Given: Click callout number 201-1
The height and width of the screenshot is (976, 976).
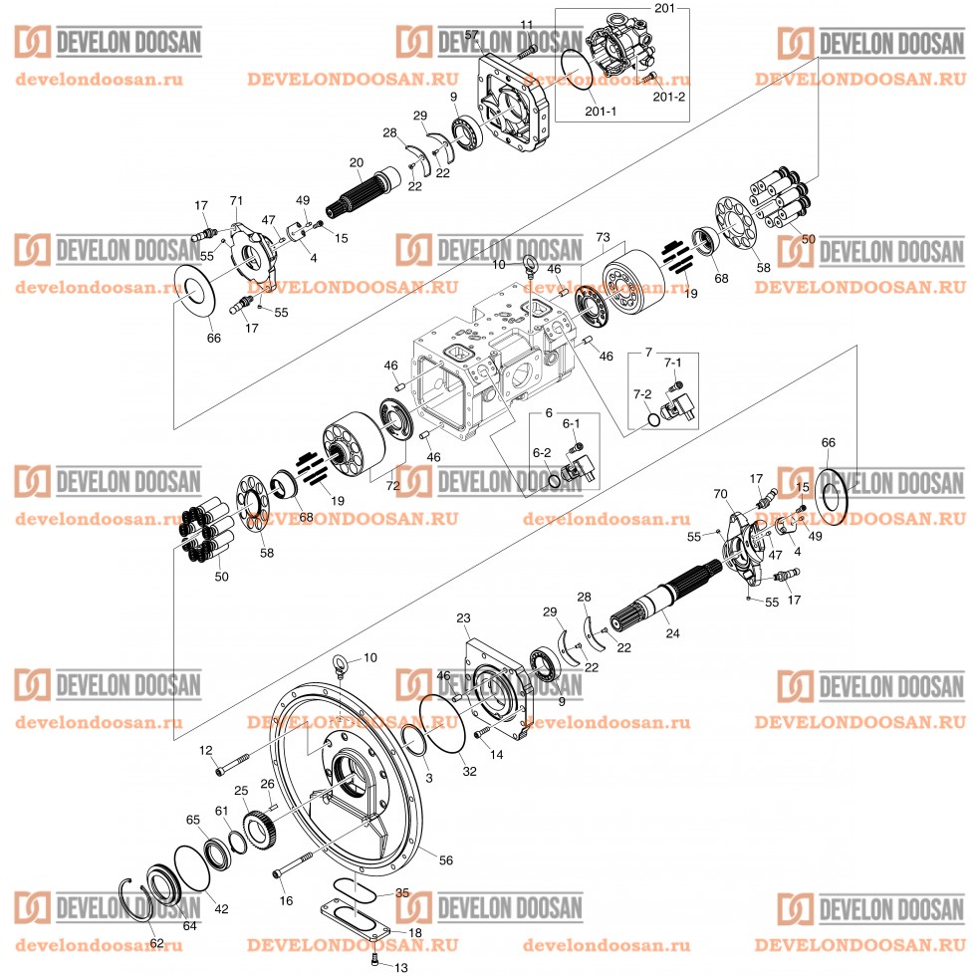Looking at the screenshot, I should [x=601, y=112].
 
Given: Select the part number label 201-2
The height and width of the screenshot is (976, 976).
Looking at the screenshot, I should [x=668, y=97].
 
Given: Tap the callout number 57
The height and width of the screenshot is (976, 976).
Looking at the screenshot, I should [x=471, y=35].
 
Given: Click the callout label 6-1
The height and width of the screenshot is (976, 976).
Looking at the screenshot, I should [x=571, y=423].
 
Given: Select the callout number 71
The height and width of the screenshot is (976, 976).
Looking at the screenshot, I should [x=236, y=202].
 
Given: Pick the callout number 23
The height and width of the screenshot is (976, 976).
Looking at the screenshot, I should [x=463, y=618].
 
